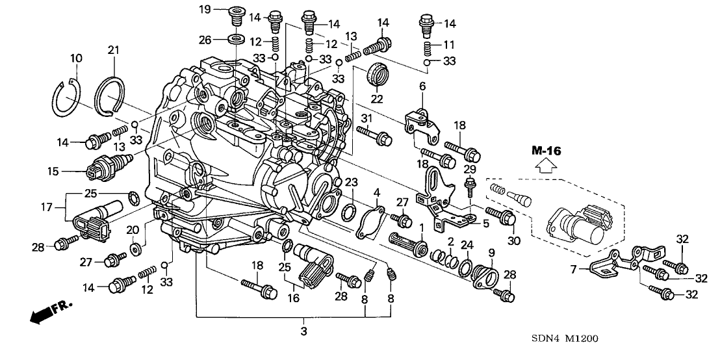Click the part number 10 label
(x=76, y=58)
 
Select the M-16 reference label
(x=545, y=151)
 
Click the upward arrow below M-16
(x=545, y=166)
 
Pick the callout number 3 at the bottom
(x=303, y=331)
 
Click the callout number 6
(x=422, y=86)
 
